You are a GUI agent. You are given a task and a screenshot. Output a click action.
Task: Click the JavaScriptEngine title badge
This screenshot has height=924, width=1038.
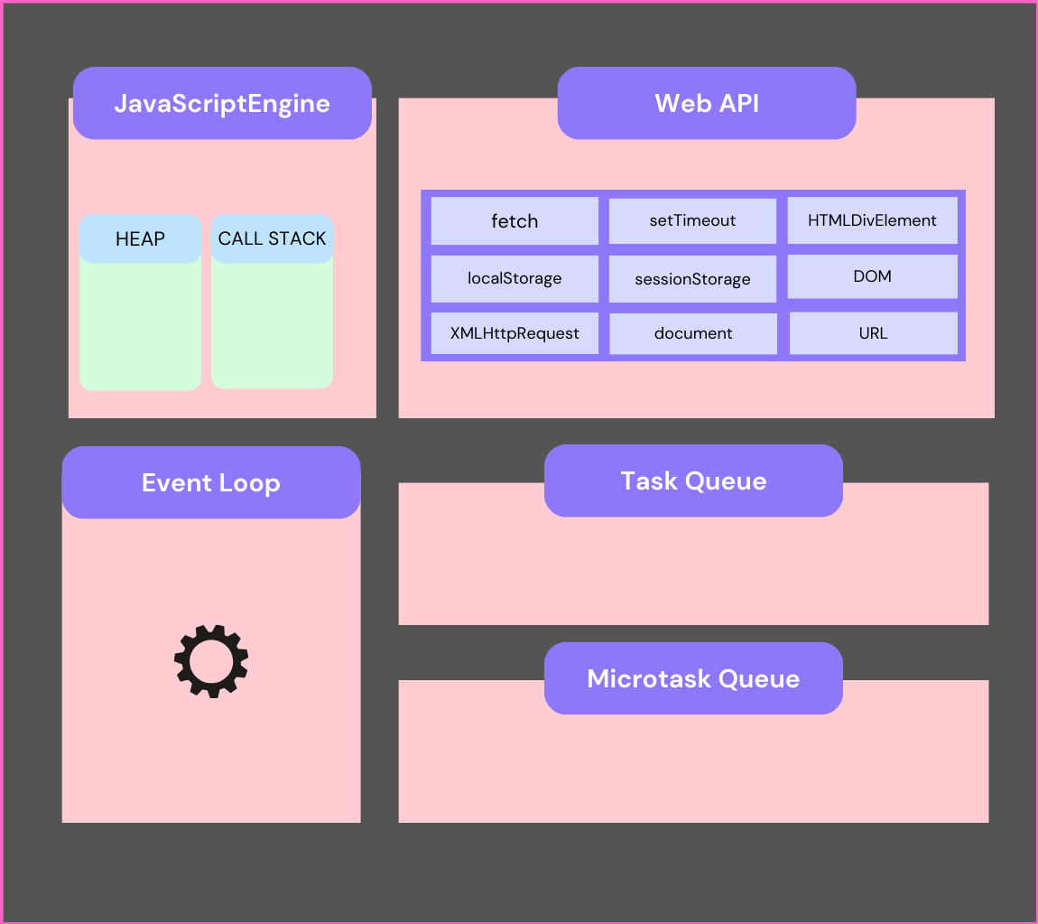pyautogui.click(x=222, y=103)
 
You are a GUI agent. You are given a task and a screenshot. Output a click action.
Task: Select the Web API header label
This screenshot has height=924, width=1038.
pyautogui.click(x=707, y=103)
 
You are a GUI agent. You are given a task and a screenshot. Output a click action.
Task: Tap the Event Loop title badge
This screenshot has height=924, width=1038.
pyautogui.click(x=211, y=482)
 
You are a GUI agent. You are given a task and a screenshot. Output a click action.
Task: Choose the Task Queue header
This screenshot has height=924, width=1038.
pyautogui.click(x=693, y=481)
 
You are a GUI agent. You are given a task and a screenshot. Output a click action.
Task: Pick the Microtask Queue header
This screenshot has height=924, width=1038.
pyautogui.click(x=693, y=678)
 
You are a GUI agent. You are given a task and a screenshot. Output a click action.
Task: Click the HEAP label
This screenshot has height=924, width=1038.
pyautogui.click(x=140, y=239)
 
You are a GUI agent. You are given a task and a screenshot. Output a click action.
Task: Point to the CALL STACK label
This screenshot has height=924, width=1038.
pyautogui.click(x=272, y=239)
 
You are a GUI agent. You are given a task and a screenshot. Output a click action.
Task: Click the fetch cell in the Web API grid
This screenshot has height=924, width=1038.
pyautogui.click(x=514, y=221)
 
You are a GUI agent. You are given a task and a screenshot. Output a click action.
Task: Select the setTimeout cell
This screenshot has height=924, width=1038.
pyautogui.click(x=692, y=221)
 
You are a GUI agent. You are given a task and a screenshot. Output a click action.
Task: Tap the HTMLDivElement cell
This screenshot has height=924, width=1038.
pyautogui.click(x=872, y=221)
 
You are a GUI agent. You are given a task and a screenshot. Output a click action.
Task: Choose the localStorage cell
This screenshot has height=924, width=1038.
pyautogui.click(x=514, y=278)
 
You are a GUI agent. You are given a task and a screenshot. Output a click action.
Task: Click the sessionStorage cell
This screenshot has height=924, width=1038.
pyautogui.click(x=692, y=279)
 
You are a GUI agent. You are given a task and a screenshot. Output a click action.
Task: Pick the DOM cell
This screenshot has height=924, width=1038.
pyautogui.click(x=872, y=276)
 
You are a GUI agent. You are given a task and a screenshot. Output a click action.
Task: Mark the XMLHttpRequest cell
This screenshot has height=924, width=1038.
pyautogui.click(x=514, y=333)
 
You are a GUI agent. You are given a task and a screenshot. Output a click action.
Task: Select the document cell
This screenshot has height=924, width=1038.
pyautogui.click(x=693, y=333)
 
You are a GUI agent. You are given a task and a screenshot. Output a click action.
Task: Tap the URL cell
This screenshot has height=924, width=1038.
pyautogui.click(x=873, y=333)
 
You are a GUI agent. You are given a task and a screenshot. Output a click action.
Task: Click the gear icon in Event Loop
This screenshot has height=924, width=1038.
pyautogui.click(x=211, y=661)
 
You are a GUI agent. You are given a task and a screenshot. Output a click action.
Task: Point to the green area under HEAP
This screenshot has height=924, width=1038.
pyautogui.click(x=140, y=325)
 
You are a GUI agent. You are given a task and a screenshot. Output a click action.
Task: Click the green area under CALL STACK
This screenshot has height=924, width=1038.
pyautogui.click(x=272, y=325)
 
